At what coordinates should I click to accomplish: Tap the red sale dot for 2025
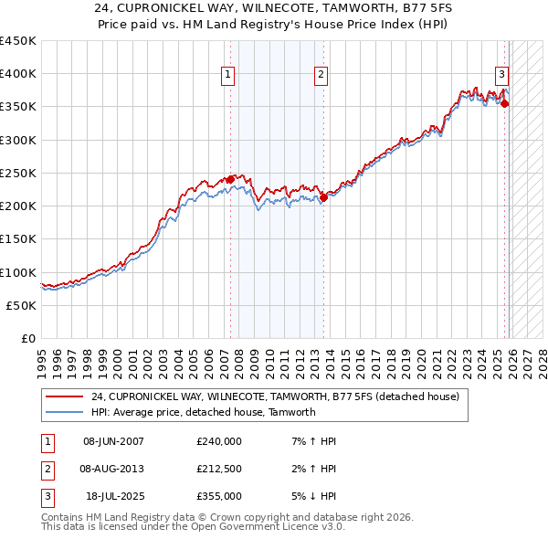505,103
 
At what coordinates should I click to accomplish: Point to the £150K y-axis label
18,238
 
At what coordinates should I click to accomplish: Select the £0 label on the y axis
27,338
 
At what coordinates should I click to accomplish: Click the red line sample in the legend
66,397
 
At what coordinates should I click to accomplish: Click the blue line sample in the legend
66,412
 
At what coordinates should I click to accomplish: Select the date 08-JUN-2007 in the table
113,441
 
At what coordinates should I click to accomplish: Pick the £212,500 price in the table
219,468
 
